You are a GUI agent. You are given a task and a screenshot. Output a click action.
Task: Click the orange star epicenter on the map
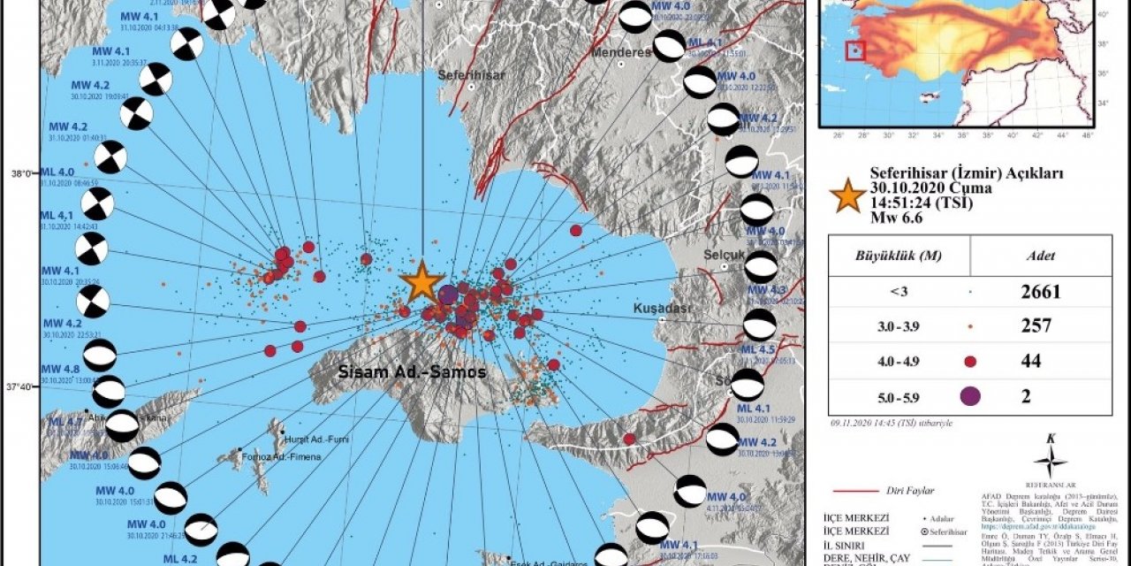click(421, 282)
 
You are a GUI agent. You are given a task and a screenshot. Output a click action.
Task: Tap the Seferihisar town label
click(473, 75)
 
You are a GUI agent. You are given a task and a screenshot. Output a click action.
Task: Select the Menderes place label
click(624, 52)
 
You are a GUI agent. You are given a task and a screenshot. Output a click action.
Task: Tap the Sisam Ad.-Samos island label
click(412, 372)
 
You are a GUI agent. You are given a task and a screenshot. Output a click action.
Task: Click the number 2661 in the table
click(1039, 291)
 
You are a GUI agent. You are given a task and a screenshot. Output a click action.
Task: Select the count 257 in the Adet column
click(1036, 326)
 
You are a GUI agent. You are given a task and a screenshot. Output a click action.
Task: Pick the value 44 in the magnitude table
click(1030, 361)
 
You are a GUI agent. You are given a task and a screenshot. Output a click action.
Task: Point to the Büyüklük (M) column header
click(899, 256)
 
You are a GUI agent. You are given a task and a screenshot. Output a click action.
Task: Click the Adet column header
click(1039, 256)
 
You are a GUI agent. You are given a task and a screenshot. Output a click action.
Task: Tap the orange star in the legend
click(848, 195)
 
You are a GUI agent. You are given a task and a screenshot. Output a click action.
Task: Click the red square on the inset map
click(855, 50)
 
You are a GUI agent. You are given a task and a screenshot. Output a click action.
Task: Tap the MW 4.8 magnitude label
click(60, 369)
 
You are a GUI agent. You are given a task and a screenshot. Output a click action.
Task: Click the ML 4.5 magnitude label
click(755, 349)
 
